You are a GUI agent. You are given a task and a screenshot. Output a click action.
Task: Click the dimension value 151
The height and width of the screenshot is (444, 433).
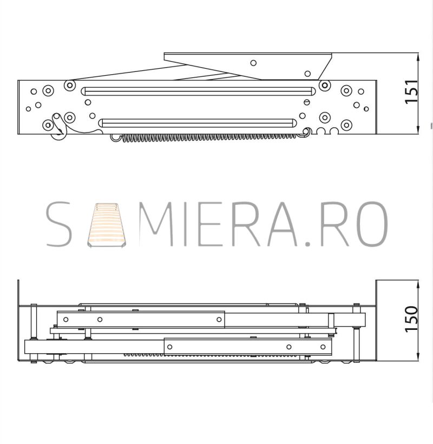pos(412,92)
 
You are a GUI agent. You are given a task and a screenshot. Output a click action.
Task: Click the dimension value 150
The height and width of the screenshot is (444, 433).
pos(412,319)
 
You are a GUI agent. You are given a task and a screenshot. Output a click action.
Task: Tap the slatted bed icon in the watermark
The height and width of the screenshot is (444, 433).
pos(106,225)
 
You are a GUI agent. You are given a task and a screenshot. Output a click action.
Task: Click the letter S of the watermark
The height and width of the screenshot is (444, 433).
pos(58,224)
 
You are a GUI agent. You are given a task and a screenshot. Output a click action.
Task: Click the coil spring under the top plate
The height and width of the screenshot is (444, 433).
pos(209,137)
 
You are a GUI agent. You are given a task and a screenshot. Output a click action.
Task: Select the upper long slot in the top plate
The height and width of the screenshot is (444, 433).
pos(198,91)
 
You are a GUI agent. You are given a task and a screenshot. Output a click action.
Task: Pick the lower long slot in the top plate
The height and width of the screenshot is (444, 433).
pos(198,123)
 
